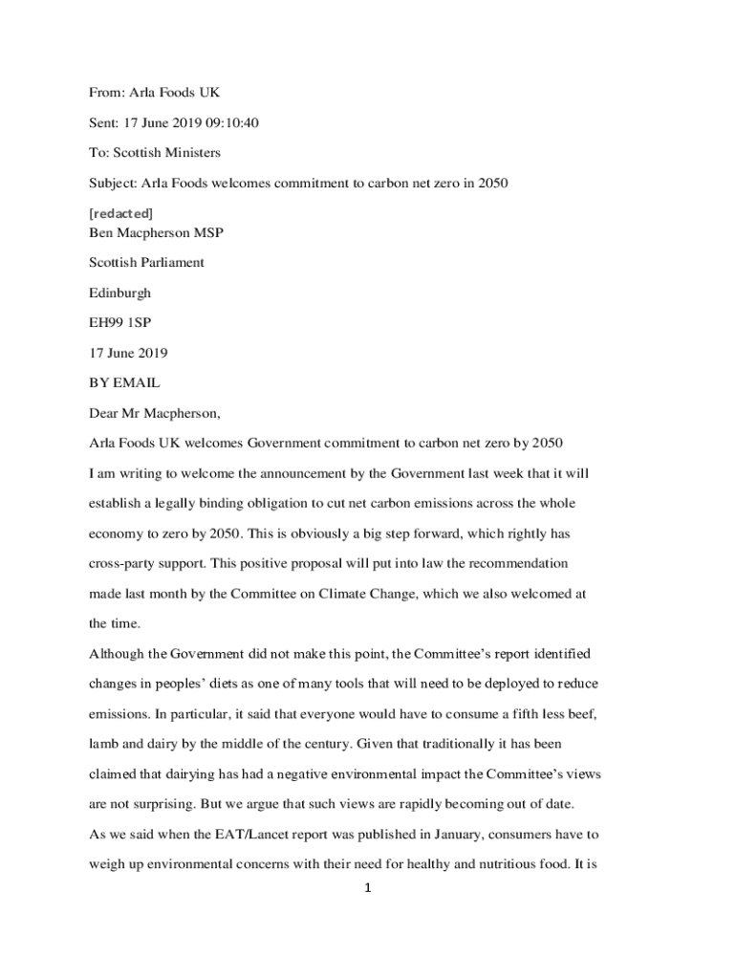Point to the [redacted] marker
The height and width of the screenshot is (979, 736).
(x=120, y=212)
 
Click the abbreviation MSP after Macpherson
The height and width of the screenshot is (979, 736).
(x=208, y=232)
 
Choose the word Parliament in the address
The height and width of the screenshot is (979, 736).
(x=170, y=262)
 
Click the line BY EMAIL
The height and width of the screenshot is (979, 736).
(x=124, y=382)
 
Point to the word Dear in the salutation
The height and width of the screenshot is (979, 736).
(x=104, y=413)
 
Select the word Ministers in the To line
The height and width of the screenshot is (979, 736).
(x=196, y=153)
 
